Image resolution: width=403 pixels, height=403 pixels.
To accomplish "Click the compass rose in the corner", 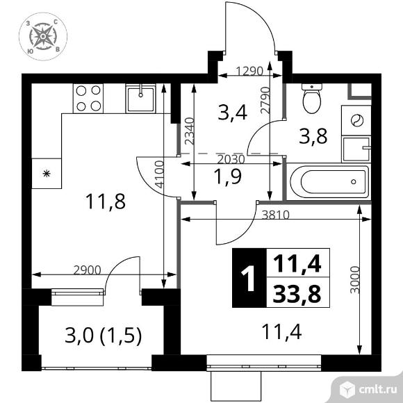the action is [43, 36].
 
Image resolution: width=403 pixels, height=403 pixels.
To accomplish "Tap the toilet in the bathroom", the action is [312, 99].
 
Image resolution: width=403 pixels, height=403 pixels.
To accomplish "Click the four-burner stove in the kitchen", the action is [88, 98].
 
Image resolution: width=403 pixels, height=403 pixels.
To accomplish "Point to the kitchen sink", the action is [140, 98].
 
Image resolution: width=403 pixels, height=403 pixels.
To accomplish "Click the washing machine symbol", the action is [356, 120].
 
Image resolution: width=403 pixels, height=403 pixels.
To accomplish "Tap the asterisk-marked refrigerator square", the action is [47, 174].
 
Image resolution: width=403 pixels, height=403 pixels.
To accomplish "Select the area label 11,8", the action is [106, 201].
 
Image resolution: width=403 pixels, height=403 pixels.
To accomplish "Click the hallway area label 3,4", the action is [232, 113].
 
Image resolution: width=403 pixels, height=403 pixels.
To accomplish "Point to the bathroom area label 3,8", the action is [313, 136].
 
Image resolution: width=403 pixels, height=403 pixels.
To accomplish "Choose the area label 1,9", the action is [228, 177].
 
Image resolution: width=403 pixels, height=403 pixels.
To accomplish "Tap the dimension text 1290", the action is [250, 71].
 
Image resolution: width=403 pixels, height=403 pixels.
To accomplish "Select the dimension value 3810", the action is [276, 215].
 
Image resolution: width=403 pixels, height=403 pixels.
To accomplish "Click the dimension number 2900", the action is [87, 270].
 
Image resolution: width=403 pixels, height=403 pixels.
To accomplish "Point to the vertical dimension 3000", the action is [354, 280].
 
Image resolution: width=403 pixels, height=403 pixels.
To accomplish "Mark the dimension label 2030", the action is [231, 160].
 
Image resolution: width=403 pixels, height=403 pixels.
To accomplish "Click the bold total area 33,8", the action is [297, 294].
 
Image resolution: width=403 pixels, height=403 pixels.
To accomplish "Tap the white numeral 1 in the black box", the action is [248, 279].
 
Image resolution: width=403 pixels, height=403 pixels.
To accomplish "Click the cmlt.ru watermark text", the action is [377, 390].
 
